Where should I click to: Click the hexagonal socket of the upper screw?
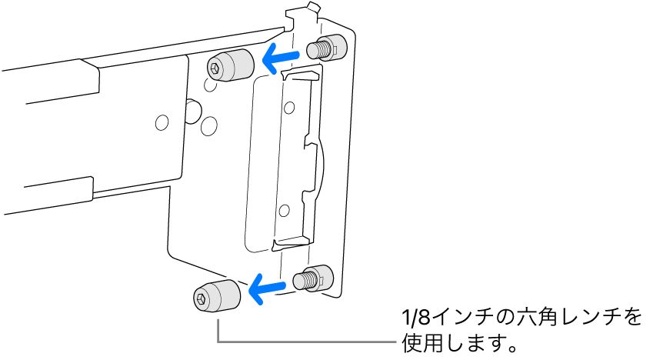coord(213,69)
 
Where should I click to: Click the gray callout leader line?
coord(308,341)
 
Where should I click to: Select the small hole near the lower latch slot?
coord(285,208)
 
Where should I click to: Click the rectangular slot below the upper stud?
coord(302,75)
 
